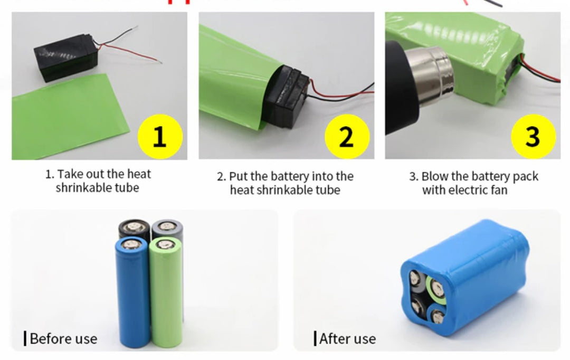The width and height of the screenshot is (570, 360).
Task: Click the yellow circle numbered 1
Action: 160,137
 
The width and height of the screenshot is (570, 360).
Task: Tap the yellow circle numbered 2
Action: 347,137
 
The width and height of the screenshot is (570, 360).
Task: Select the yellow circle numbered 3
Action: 533,137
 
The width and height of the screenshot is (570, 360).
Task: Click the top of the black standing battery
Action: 134,227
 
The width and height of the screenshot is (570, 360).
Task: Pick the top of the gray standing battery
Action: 167,226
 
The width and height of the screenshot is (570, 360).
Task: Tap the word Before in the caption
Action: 49,338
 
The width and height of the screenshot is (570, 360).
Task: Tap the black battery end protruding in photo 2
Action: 287,97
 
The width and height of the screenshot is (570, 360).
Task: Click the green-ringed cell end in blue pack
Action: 436,289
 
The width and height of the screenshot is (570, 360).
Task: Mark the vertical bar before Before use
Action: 25,338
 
